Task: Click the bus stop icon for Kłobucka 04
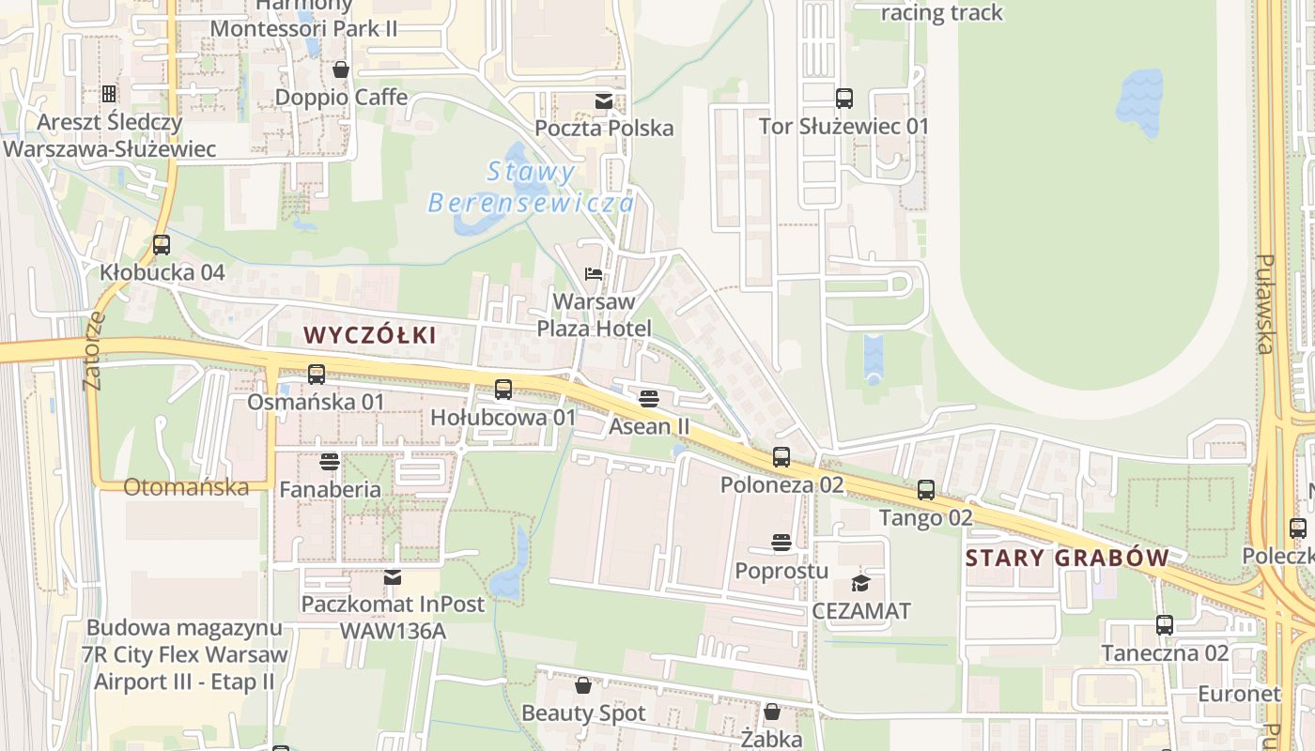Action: coord(162,245)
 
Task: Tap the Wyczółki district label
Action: coord(370,335)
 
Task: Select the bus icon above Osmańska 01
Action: coord(317,375)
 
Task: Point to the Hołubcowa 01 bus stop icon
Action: coord(503,390)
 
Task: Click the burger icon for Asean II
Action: coord(648,399)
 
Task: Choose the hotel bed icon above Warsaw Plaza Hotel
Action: coord(593,275)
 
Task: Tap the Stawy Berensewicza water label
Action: coord(532,187)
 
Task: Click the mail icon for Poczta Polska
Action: coord(604,100)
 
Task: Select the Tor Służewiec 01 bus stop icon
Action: coord(843,99)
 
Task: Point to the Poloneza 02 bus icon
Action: coord(781,457)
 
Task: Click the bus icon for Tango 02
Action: coord(926,490)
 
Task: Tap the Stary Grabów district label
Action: coord(1067,558)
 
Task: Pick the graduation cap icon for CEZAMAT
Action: coord(861,583)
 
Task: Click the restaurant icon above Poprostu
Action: coord(781,543)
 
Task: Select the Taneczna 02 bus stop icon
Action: coord(1165,625)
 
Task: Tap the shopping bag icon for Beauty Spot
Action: coord(583,685)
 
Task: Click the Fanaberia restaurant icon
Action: coord(329,462)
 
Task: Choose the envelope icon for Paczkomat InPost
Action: coord(392,576)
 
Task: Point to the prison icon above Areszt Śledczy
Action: coord(109,94)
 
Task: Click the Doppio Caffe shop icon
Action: coord(341,69)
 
